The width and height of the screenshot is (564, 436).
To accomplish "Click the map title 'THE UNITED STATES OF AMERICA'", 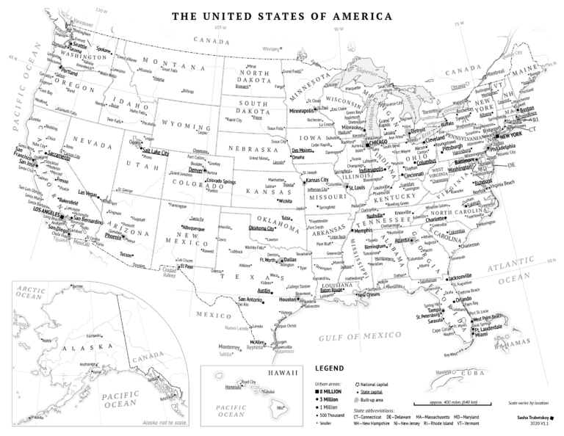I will pyautogui.click(x=281, y=15).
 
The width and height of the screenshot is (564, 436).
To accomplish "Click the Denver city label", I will pyautogui.click(x=196, y=170).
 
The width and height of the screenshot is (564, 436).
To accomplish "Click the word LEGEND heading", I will pyautogui.click(x=328, y=368).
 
